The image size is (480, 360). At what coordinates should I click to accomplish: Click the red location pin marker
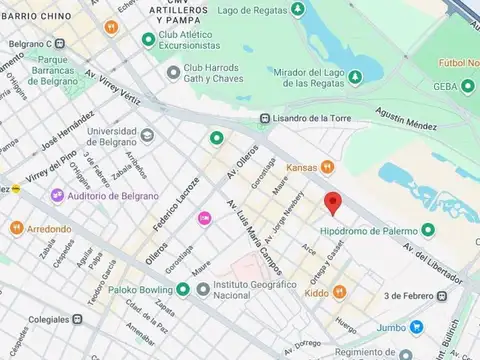334,203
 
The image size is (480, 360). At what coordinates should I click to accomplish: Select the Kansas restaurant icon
327,168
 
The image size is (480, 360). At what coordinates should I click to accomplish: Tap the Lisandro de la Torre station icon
264,118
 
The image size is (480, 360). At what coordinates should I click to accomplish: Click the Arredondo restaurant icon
16,228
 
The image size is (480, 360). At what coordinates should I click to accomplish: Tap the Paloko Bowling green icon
182,290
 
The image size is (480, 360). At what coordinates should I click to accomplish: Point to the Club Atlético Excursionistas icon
149,40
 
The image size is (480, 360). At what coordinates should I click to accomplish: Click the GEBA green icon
467,87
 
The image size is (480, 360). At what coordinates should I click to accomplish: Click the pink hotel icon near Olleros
204,217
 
